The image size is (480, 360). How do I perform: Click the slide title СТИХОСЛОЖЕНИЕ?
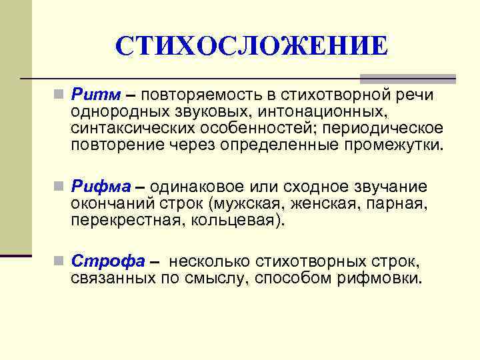click(251, 47)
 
